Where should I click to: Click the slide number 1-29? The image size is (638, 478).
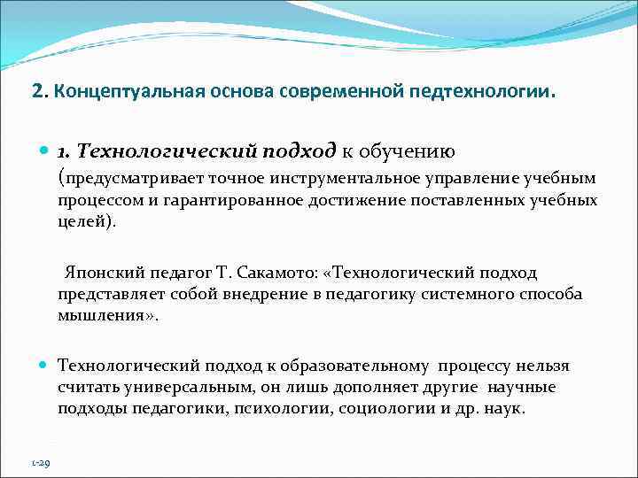41,462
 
